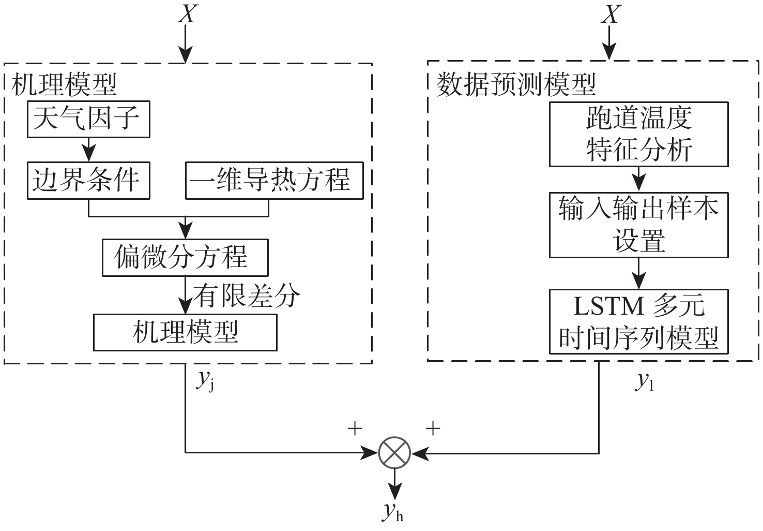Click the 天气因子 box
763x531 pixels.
click(x=88, y=120)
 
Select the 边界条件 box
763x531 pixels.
click(x=88, y=181)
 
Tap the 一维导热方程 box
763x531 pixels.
click(x=274, y=181)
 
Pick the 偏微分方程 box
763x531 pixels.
click(x=185, y=257)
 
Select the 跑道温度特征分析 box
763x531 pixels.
click(x=638, y=134)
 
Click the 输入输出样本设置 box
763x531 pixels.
click(x=638, y=225)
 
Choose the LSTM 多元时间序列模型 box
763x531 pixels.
click(x=638, y=321)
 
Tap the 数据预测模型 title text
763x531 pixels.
click(x=516, y=84)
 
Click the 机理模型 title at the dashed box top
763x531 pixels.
click(x=64, y=84)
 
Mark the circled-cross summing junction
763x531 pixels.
click(x=394, y=453)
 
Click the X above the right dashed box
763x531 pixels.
click(x=611, y=14)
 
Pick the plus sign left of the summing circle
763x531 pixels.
click(x=355, y=429)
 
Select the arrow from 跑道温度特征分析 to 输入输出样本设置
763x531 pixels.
click(x=639, y=180)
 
